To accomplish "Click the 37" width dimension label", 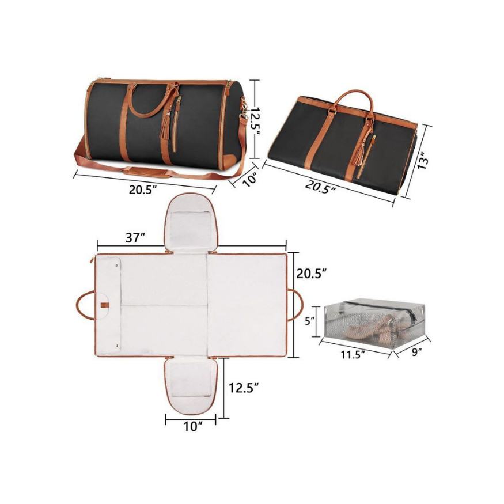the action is (135, 238).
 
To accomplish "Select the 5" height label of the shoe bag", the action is (310, 320).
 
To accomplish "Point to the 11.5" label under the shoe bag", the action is (353, 355).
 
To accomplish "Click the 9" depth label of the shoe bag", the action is (416, 352).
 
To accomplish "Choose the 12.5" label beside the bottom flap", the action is (244, 388).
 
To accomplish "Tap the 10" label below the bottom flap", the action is (193, 427).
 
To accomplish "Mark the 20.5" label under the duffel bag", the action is (143, 190).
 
